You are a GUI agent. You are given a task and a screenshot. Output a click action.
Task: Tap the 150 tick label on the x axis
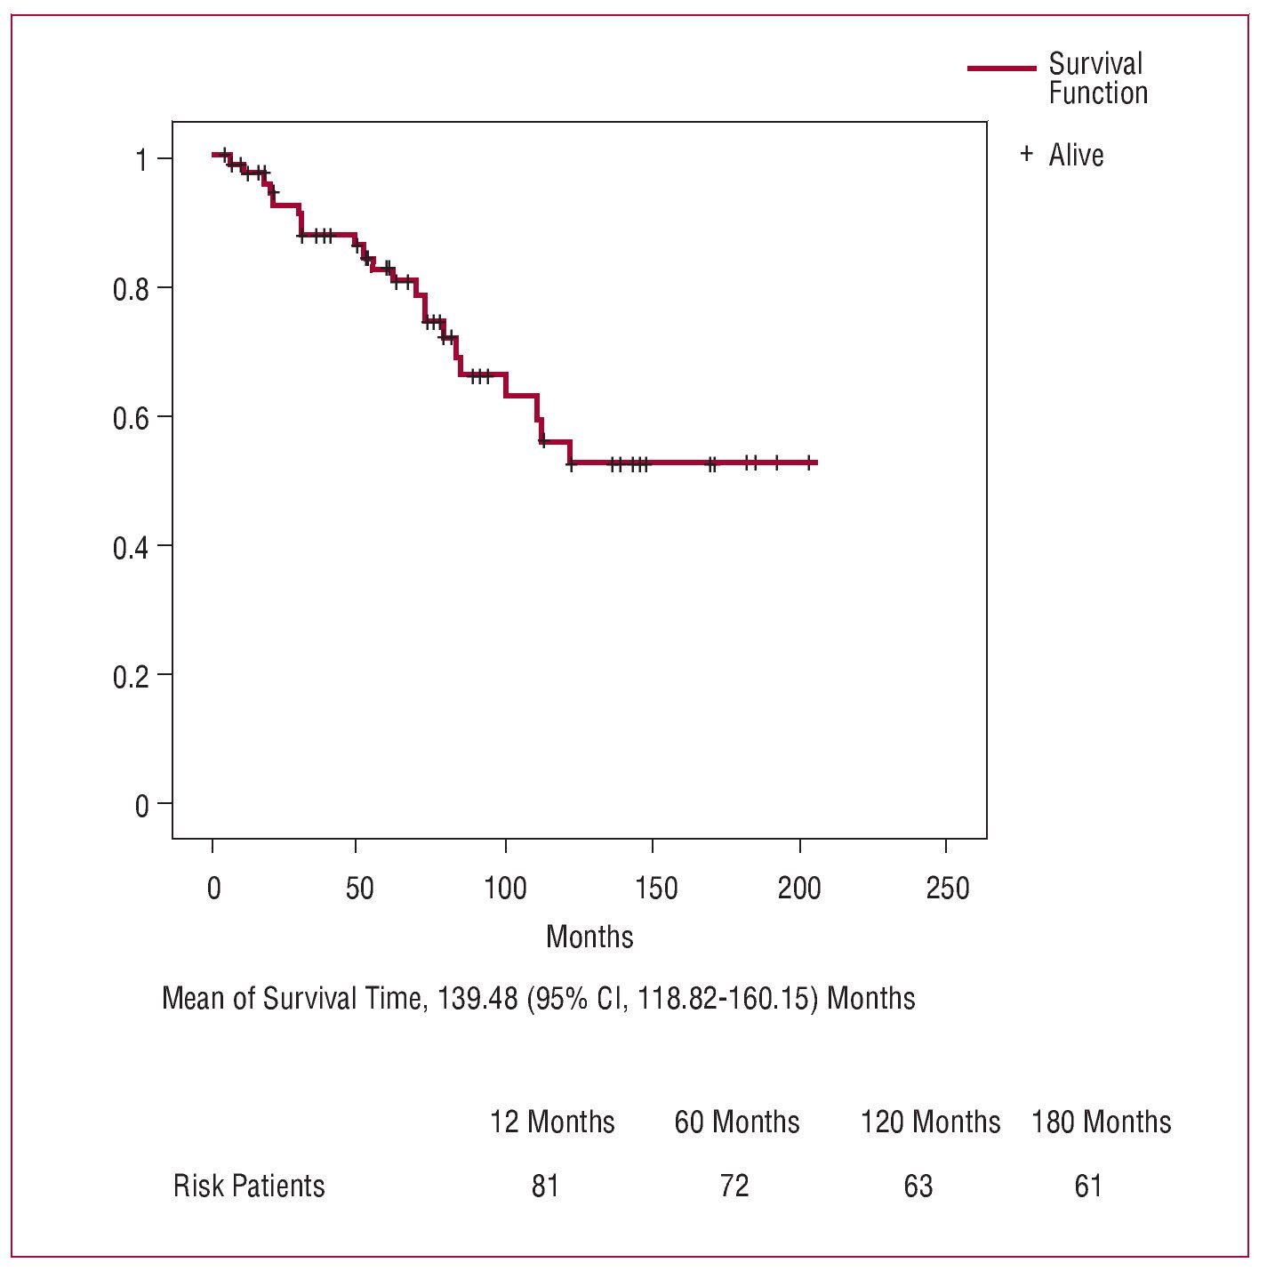coord(655,888)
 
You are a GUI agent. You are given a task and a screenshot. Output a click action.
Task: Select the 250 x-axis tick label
coord(948,888)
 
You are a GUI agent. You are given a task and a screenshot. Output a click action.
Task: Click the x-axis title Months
coord(589,937)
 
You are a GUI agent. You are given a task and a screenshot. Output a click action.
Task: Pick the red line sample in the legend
coord(1001,68)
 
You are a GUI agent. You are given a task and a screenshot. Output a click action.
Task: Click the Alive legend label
coord(1076,155)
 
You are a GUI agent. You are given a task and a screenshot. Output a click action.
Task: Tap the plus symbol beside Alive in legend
coord(1027,154)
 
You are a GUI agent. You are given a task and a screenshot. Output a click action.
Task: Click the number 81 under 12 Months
coord(545,1186)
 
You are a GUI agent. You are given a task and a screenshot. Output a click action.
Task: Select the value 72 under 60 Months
coord(734,1186)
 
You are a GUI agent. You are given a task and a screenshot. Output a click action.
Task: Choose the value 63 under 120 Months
coord(918,1186)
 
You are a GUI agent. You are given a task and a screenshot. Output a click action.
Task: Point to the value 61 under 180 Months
coord(1088,1186)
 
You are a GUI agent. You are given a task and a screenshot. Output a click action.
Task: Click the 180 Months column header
coord(1101,1122)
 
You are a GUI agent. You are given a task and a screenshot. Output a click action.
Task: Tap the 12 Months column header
coord(552,1122)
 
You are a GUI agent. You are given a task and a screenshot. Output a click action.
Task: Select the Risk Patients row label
coord(249,1186)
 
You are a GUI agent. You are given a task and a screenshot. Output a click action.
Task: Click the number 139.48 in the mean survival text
coord(477,998)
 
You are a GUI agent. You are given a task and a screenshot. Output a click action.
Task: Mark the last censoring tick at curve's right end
coord(808,462)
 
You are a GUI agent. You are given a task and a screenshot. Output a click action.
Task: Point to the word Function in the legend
coord(1098,93)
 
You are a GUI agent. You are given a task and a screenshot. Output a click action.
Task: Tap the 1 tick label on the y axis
coord(141,161)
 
